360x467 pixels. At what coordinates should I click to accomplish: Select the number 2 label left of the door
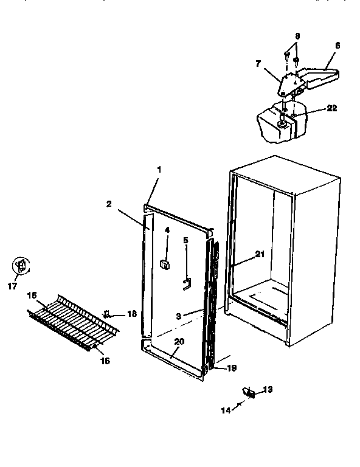pyautogui.click(x=108, y=204)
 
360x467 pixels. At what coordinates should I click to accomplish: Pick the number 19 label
pyautogui.click(x=232, y=368)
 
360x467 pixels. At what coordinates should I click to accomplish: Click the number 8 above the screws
pyautogui.click(x=297, y=36)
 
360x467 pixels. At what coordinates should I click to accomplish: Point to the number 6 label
pyautogui.click(x=337, y=45)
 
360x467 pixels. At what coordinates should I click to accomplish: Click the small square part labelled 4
pyautogui.click(x=164, y=263)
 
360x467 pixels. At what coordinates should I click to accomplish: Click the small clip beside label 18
pyautogui.click(x=107, y=314)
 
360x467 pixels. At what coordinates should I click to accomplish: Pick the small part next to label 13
pyautogui.click(x=249, y=393)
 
